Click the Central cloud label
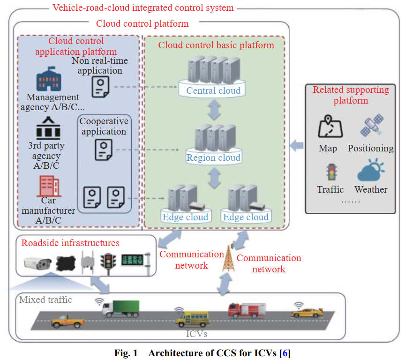click(x=213, y=90)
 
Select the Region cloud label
click(x=213, y=158)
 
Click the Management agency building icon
click(x=49, y=80)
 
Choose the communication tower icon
click(x=229, y=259)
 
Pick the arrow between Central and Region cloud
click(x=214, y=111)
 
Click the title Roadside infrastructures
click(x=70, y=243)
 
